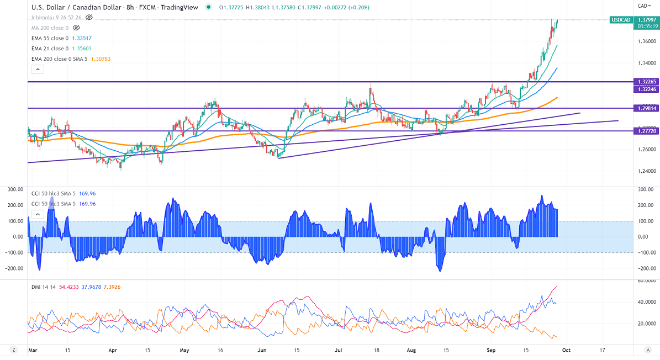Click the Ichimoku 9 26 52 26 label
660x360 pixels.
56,17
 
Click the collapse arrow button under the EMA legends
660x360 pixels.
37,70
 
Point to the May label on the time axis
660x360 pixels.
184,350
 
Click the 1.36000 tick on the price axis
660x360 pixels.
647,42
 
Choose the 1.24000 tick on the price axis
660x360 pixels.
647,171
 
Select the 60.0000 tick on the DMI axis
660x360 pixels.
646,281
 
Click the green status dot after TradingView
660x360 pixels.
208,7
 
